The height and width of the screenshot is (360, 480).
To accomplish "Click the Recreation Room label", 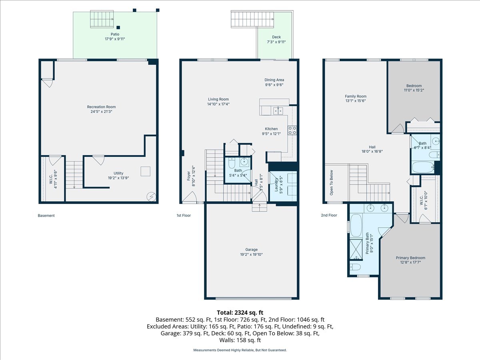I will click(101, 107).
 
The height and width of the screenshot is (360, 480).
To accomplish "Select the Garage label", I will click(252, 250).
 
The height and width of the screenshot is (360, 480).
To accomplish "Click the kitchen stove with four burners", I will click(292, 130).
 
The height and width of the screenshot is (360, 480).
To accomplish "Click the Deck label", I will click(276, 37).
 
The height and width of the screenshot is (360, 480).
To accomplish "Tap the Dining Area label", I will click(274, 80).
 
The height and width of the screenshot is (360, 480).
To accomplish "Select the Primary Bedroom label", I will click(410, 258).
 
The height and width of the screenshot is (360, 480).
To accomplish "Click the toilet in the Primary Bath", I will click(356, 267).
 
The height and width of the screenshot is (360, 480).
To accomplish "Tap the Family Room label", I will click(356, 96).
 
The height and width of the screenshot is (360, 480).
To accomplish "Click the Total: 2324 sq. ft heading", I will click(240, 312).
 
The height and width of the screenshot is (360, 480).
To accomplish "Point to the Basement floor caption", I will click(46, 216).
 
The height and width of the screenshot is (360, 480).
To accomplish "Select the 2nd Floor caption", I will click(329, 215).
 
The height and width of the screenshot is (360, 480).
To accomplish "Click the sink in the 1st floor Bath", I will click(244, 162).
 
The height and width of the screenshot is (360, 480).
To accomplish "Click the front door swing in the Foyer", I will click(190, 197).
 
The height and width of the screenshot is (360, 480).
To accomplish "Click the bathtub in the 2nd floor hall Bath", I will click(422, 167).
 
